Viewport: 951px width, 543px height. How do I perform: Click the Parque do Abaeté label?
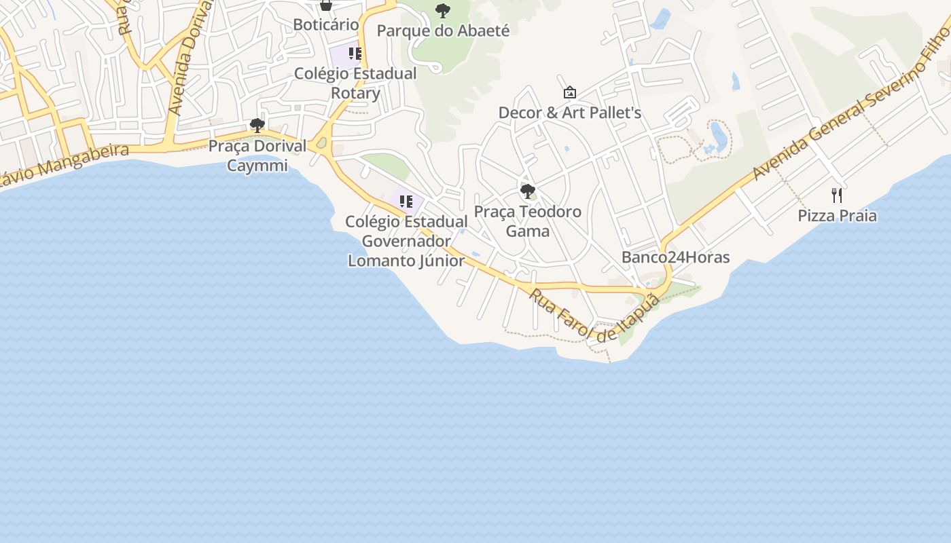[443, 31]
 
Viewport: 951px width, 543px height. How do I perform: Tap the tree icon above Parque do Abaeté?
[443, 10]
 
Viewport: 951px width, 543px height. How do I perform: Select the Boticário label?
[326, 24]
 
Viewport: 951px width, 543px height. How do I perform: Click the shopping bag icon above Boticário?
[326, 5]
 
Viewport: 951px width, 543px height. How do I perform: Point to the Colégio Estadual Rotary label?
[355, 83]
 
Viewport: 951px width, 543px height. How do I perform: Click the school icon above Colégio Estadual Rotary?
[355, 53]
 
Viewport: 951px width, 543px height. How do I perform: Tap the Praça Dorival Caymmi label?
[257, 155]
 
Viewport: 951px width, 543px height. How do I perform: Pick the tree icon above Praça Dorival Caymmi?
[257, 126]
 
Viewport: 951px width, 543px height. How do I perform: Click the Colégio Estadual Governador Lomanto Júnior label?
[406, 241]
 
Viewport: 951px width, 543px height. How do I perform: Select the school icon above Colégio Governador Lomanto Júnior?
[406, 201]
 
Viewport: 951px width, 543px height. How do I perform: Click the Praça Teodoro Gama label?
[528, 221]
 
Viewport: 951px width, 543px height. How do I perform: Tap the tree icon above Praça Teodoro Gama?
[528, 191]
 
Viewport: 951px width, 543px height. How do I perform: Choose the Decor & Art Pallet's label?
[570, 113]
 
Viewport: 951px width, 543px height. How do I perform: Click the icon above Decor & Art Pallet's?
[570, 92]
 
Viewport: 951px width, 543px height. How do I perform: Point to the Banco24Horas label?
[675, 257]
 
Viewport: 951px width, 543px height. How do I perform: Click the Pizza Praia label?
[837, 216]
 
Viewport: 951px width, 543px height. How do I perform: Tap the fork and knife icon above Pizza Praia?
[837, 195]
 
